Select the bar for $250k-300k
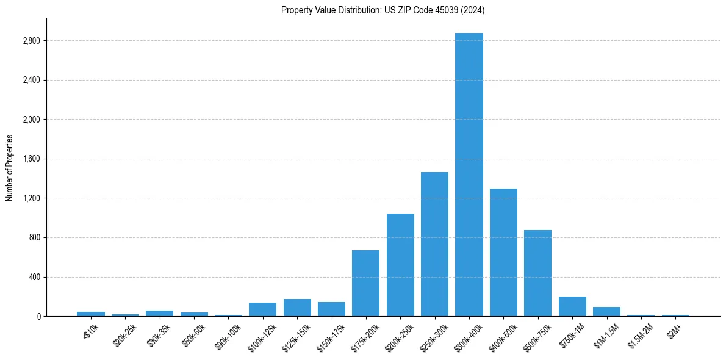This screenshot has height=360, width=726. (434, 244)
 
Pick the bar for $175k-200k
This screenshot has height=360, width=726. (365, 283)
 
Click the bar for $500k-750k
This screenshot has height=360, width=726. (537, 273)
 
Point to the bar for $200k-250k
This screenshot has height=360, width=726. (400, 265)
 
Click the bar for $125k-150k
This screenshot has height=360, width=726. (297, 308)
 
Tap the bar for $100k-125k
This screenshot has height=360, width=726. (262, 309)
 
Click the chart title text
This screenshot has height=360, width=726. (383, 10)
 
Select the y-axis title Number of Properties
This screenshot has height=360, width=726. (10, 168)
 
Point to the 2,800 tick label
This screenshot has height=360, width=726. (31, 41)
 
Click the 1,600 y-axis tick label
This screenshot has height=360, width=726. (31, 159)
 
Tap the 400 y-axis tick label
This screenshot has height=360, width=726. (34, 277)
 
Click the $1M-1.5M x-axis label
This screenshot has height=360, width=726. (604, 333)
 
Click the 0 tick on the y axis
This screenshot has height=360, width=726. (38, 316)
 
